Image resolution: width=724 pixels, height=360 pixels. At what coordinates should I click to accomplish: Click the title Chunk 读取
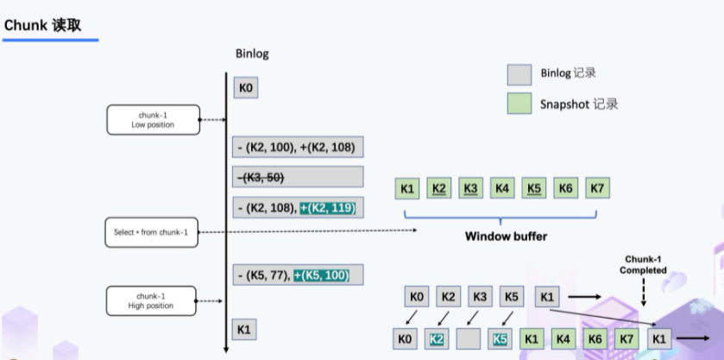pyautogui.click(x=42, y=25)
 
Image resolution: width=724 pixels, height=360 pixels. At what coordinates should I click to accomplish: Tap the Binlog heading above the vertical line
pyautogui.click(x=252, y=54)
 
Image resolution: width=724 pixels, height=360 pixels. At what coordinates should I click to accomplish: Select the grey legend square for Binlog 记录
pyautogui.click(x=519, y=74)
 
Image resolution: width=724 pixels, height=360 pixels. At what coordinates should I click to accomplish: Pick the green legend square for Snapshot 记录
pyautogui.click(x=519, y=104)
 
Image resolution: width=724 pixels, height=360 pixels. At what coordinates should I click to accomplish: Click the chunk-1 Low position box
pyautogui.click(x=153, y=120)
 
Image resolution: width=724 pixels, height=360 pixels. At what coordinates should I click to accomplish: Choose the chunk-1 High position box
pyautogui.click(x=153, y=300)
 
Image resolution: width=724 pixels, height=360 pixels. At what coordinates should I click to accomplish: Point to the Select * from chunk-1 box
pyautogui.click(x=150, y=231)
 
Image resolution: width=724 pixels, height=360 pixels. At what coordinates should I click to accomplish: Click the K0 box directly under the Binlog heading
pyautogui.click(x=245, y=88)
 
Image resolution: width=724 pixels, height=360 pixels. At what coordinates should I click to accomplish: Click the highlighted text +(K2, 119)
pyautogui.click(x=327, y=208)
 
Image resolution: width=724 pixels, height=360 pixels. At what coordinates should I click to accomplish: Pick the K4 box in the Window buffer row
pyautogui.click(x=501, y=187)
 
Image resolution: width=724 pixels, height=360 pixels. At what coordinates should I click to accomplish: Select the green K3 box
pyautogui.click(x=470, y=187)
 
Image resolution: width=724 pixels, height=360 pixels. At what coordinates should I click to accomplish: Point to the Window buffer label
pyautogui.click(x=506, y=236)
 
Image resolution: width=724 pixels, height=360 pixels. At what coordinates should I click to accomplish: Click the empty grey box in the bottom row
pyautogui.click(x=469, y=339)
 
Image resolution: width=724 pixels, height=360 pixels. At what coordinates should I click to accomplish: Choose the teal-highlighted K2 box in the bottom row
pyautogui.click(x=438, y=339)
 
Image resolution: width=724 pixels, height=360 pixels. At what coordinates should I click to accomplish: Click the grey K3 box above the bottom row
pyautogui.click(x=480, y=298)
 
